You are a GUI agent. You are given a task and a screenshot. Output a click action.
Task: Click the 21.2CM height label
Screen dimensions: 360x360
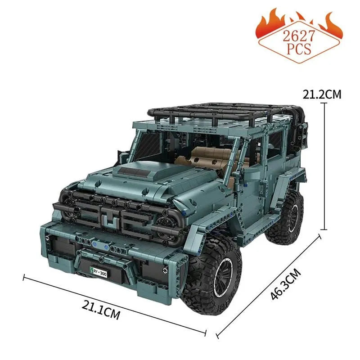(322, 94)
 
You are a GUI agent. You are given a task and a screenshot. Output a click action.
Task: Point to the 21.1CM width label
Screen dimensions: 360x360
(101, 310)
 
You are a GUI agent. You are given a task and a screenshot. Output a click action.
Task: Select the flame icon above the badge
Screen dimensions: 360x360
(299, 20)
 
